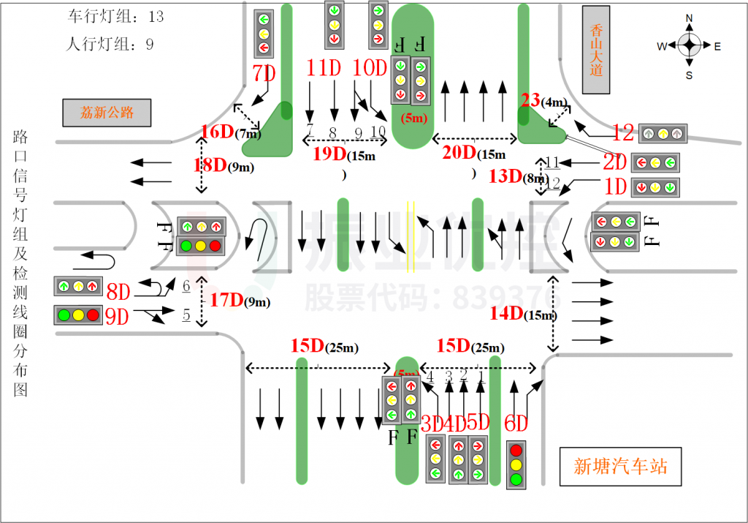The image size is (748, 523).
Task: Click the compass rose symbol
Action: tap(689, 45)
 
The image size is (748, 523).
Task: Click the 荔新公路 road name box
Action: tap(107, 113)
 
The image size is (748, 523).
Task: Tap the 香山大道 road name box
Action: tap(595, 50)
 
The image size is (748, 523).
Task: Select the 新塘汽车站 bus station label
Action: tap(620, 467)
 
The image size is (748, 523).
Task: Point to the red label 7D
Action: tap(264, 73)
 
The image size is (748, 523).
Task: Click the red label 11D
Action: tap(324, 68)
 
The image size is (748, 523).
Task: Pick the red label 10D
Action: tap(369, 68)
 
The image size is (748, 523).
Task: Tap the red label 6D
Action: tap(516, 423)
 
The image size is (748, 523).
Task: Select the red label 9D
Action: tap(117, 317)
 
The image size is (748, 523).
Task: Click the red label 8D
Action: tap(118, 293)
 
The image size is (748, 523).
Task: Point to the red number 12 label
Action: tap(623, 132)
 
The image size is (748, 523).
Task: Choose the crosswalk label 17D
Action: tap(226, 300)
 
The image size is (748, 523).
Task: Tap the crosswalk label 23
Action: tap(530, 101)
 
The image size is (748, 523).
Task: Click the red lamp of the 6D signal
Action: tap(516, 449)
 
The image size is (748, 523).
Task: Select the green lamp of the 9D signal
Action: tap(64, 315)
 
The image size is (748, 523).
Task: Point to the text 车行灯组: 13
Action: tap(115, 16)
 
